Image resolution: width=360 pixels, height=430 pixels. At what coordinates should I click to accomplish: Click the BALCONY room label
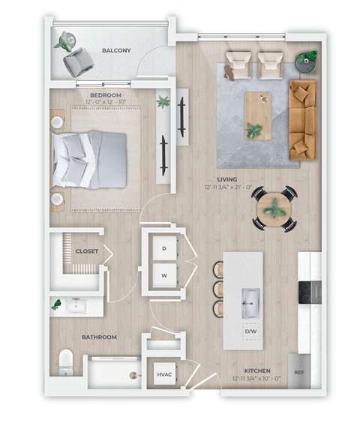click(x=116, y=50)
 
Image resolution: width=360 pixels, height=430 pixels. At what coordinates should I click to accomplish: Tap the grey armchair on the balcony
click(x=75, y=63)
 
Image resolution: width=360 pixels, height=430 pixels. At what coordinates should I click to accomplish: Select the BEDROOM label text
click(x=106, y=95)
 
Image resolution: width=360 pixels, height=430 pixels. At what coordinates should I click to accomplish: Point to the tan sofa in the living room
click(x=303, y=120)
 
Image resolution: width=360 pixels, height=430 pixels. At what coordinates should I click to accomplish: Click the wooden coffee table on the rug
click(x=258, y=107)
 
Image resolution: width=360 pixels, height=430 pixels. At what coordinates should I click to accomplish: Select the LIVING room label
click(x=227, y=180)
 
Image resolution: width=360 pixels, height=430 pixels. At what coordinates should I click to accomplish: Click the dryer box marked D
click(x=163, y=248)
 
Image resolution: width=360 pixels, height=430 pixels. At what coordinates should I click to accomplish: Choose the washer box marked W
click(x=163, y=275)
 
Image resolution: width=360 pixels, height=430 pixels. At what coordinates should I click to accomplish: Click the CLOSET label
click(x=86, y=251)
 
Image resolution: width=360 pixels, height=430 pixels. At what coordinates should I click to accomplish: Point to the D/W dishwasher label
click(x=250, y=331)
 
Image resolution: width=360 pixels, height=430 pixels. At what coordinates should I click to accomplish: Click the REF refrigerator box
click(x=299, y=372)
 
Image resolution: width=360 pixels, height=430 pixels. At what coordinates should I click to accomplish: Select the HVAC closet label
click(x=164, y=373)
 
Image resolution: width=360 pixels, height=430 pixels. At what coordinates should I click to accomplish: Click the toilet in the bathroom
click(x=66, y=362)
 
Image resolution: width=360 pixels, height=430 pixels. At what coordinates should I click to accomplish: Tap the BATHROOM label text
click(x=99, y=337)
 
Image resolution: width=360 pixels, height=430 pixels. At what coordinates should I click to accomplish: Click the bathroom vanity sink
click(x=76, y=305)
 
